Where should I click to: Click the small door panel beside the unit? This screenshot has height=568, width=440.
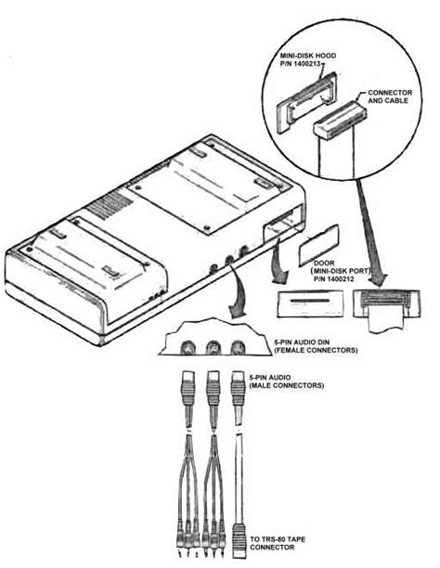tap(318, 240)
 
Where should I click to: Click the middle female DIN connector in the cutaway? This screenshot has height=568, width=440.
tap(214, 349)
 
